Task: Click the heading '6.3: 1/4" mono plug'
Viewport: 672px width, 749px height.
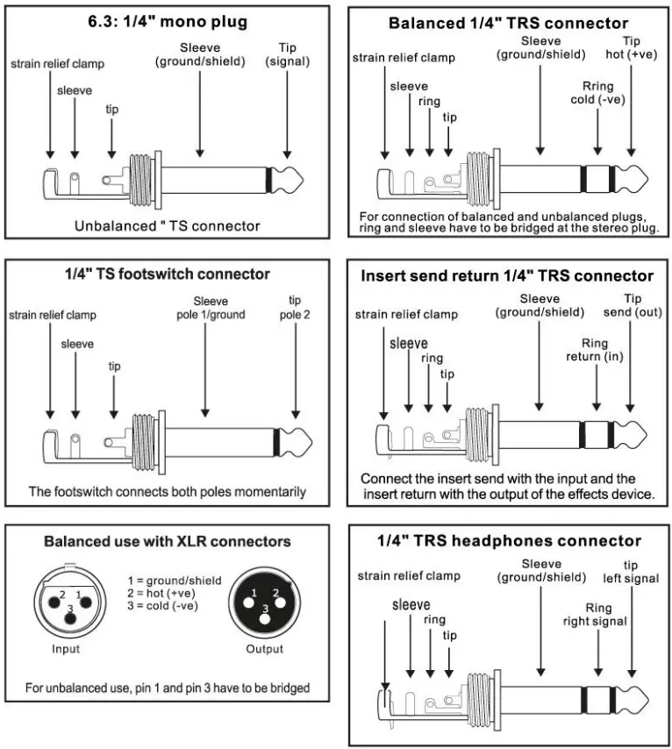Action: pos(168,21)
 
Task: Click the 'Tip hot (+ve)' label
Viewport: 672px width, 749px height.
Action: pos(631,47)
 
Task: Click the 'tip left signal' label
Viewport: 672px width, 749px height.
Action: pos(631,571)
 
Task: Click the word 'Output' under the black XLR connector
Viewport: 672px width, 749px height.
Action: pos(265,649)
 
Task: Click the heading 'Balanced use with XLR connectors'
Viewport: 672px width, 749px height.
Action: pos(168,541)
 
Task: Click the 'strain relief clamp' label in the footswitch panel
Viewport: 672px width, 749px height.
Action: pos(53,314)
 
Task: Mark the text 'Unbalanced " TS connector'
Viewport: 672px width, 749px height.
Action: pos(168,225)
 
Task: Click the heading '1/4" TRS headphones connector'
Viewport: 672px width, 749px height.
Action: pos(509,541)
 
